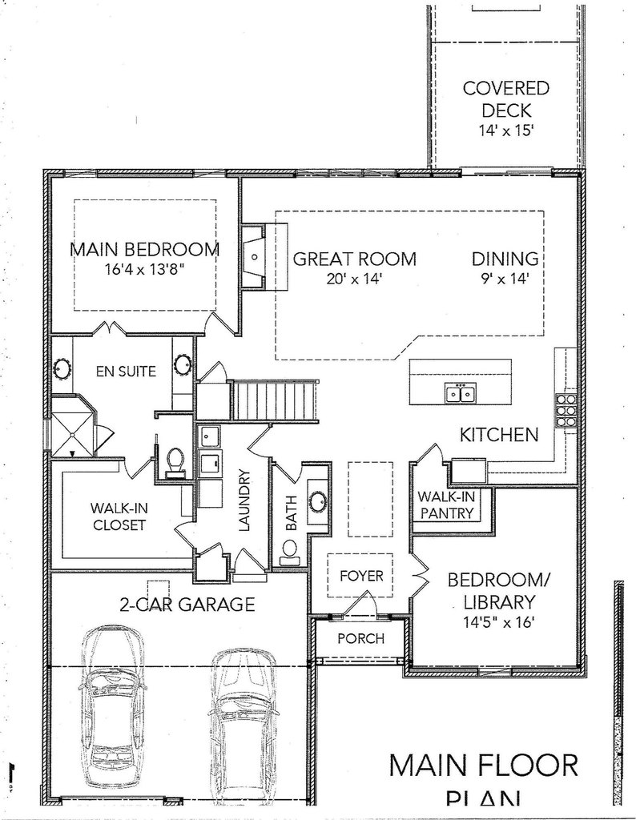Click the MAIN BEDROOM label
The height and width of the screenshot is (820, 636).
144,249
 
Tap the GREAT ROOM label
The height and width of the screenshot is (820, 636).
354,259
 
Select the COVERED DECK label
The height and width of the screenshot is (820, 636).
495,98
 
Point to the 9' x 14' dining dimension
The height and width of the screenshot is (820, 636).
504,279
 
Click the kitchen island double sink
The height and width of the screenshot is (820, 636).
461,392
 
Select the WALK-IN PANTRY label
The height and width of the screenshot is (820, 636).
446,505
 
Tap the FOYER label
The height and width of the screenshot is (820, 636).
361,576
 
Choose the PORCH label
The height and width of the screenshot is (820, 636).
360,638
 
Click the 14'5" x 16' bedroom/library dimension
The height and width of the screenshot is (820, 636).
491,619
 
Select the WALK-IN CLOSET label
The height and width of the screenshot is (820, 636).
118,517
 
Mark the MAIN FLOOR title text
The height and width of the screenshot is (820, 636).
483,765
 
